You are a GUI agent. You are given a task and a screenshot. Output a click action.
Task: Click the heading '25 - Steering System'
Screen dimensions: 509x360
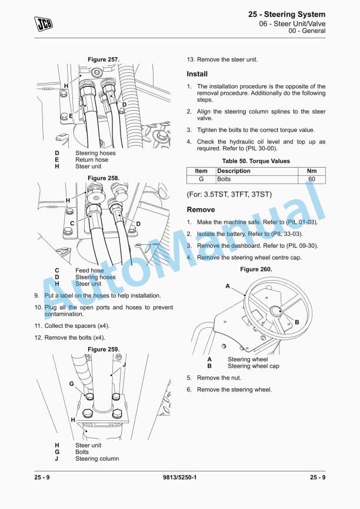(x=286, y=14)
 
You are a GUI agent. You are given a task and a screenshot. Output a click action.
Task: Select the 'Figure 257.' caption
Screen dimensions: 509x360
(x=104, y=59)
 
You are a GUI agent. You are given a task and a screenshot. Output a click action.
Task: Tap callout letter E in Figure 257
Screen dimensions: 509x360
(x=71, y=116)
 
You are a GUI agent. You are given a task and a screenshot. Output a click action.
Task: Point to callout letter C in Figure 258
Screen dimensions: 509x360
(x=72, y=223)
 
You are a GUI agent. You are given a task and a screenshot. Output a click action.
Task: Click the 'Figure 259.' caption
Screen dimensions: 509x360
(x=104, y=350)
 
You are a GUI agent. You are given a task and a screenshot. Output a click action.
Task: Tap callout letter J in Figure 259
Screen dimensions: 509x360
(x=124, y=364)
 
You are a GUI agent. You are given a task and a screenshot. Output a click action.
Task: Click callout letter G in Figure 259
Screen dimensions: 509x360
(x=72, y=384)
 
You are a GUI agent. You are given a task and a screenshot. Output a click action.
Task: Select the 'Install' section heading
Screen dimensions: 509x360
(x=197, y=74)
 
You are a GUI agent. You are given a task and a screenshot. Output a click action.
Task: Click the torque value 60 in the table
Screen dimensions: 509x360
(x=312, y=179)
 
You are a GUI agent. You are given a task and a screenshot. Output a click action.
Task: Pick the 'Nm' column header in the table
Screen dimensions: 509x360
(x=312, y=171)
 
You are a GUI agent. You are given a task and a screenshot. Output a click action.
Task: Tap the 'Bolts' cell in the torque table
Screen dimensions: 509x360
(x=224, y=179)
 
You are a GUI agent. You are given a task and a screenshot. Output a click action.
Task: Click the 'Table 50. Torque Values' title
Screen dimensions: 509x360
(x=256, y=161)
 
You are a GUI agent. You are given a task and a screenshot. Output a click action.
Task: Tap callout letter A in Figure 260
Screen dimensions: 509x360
(x=228, y=285)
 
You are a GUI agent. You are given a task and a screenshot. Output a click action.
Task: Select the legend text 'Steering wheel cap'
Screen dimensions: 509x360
(x=254, y=366)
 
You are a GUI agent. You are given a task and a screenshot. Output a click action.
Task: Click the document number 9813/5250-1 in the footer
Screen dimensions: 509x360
(x=179, y=477)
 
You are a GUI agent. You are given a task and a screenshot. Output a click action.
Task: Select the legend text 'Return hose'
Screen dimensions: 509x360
(x=92, y=159)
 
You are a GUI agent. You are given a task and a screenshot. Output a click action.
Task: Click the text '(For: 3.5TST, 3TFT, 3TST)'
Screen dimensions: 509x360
(x=229, y=194)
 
